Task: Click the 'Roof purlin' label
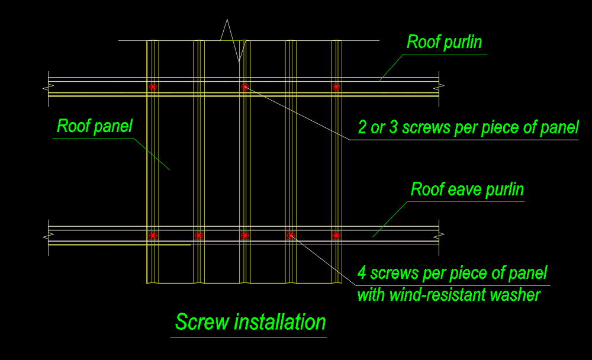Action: [x=444, y=43]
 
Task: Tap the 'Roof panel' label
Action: [x=95, y=126]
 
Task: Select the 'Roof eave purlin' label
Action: [x=467, y=189]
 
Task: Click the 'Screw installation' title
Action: [x=250, y=322]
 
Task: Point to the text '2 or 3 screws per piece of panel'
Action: [x=468, y=127]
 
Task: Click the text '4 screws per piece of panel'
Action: [x=452, y=274]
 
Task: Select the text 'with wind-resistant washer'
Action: [x=449, y=294]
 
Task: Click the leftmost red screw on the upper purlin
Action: [x=153, y=86]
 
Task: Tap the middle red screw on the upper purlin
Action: [x=244, y=86]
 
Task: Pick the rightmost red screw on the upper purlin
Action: [x=336, y=86]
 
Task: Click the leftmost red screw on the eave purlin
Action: [x=153, y=235]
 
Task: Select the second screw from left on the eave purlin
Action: [x=199, y=235]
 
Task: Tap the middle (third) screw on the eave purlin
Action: [x=244, y=235]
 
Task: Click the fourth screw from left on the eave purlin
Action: [x=291, y=235]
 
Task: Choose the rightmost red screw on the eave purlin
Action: [x=336, y=235]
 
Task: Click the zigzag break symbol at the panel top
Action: [x=232, y=40]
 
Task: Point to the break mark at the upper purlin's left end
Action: [x=46, y=89]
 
